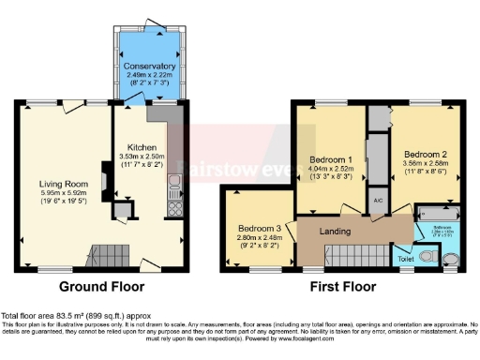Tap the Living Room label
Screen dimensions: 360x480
coord(62,184)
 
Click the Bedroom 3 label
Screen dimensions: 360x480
coord(259,229)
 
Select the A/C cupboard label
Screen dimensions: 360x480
coord(377,200)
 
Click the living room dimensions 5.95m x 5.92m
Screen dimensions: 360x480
coord(62,195)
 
